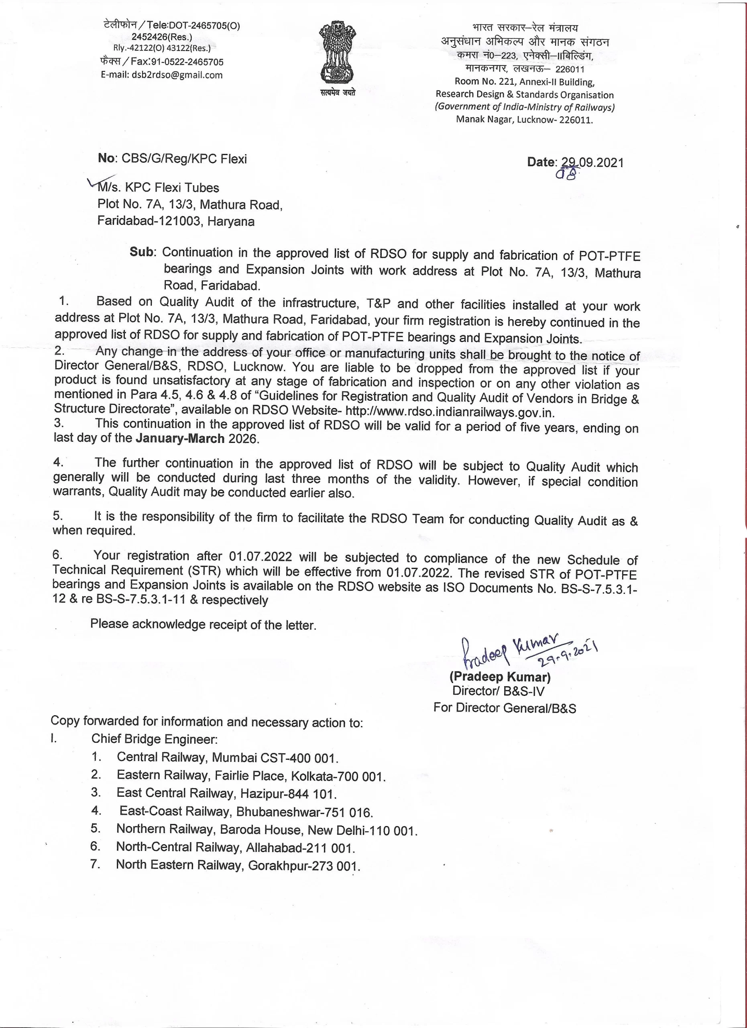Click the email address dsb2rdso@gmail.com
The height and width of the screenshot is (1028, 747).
click(162, 75)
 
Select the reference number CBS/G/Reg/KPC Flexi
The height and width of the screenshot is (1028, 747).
click(184, 159)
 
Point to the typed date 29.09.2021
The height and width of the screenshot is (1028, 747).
click(592, 163)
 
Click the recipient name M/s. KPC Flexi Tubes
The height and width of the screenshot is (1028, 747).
click(158, 188)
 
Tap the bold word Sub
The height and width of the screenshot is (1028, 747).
click(142, 252)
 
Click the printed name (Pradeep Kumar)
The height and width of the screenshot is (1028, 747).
click(500, 677)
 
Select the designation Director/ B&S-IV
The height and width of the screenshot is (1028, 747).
click(498, 691)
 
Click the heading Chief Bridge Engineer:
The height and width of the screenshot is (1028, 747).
click(155, 739)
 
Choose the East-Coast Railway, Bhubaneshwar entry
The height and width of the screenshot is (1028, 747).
click(246, 812)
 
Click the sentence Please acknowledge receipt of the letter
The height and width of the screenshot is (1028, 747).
click(203, 624)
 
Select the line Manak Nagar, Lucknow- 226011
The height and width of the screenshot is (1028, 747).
click(524, 120)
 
